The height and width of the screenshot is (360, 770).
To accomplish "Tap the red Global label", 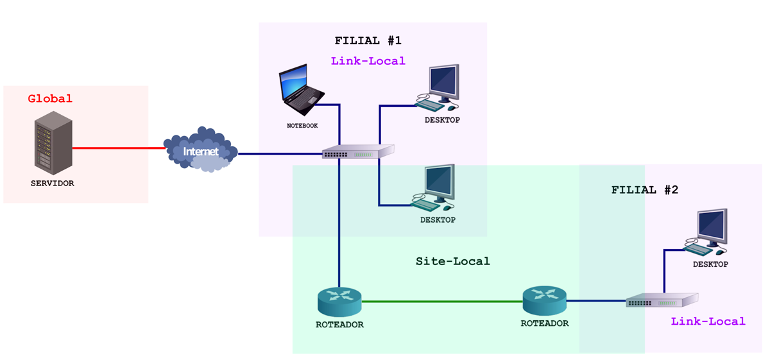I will point(50,99).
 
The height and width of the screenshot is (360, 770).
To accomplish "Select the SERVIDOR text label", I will point(53,184).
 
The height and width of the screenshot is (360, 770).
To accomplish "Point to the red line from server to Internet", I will point(119,148).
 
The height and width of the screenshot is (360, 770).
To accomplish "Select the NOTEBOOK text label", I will point(302,126).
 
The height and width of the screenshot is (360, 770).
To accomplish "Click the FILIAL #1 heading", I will point(368,40).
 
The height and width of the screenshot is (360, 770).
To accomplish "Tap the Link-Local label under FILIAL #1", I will point(368,61).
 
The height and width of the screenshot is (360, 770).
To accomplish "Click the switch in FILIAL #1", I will point(357,152).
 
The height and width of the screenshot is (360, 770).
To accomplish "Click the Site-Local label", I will point(452,261).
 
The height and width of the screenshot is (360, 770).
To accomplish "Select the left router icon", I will point(339,301).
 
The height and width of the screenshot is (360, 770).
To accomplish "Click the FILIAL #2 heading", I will point(644,190).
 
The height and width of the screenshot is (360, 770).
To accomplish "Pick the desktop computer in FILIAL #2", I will point(708,231).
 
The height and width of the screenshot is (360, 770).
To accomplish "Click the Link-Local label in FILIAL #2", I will point(708,321).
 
